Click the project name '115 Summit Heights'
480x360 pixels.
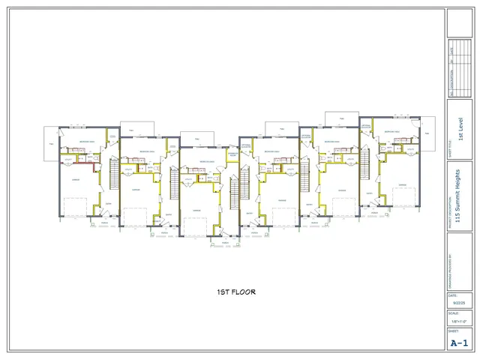pyautogui.click(x=457, y=198)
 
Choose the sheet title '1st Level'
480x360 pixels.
pyautogui.click(x=460, y=128)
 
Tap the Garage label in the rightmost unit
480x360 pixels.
pyautogui.click(x=402, y=185)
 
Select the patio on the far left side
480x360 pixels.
pyautogui.click(x=51, y=145)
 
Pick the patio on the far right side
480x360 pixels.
pyautogui.click(x=428, y=133)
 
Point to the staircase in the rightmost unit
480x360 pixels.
pyautogui.click(x=365, y=164)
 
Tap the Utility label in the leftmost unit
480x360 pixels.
pyautogui.click(x=67, y=159)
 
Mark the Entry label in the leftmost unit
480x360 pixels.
pyautogui.click(x=107, y=203)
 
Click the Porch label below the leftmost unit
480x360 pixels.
pyautogui.click(x=104, y=223)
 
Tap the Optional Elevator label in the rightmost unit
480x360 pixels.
pyautogui.click(x=367, y=126)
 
